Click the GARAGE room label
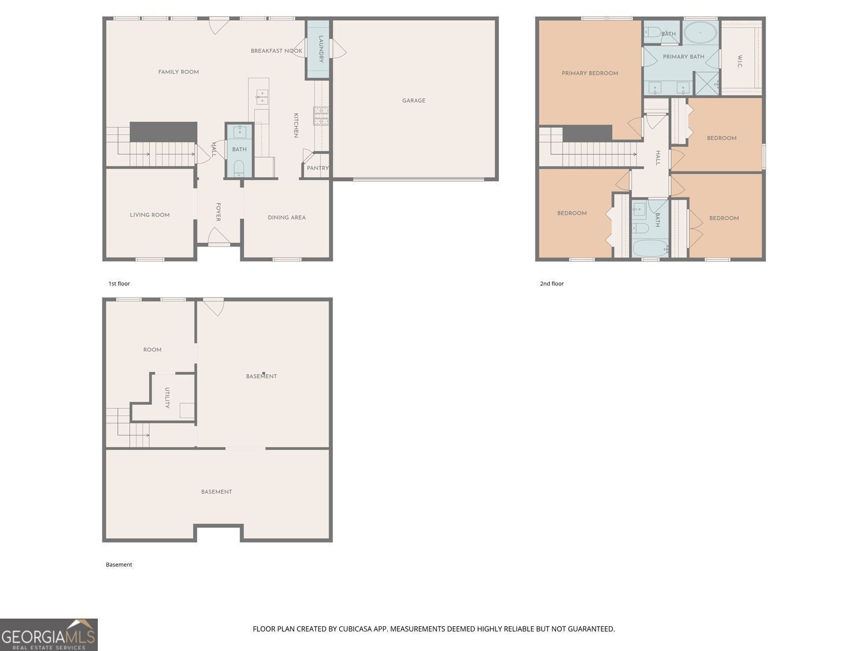414,100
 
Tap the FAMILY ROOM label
178,72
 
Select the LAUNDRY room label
321,49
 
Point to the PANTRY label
318,168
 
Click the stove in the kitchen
321,116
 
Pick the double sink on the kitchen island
262,97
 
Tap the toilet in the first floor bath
239,168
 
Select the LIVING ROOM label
149,215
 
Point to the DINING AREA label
286,218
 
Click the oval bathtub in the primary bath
700,32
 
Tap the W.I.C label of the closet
740,62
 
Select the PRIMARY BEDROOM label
590,73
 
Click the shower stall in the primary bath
707,83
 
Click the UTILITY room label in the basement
167,398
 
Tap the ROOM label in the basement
152,350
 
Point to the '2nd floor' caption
551,284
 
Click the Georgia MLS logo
49,634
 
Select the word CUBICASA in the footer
356,629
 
